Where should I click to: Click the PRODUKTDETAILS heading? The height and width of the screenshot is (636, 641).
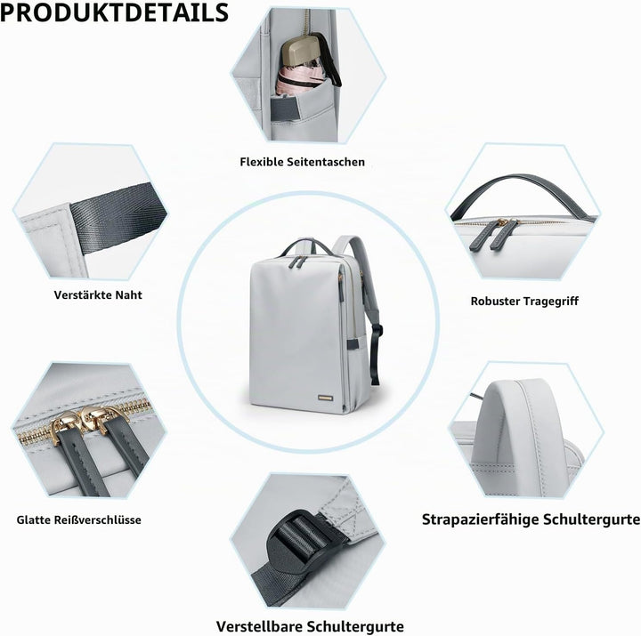click(114, 12)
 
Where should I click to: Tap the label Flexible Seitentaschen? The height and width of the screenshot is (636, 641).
click(302, 162)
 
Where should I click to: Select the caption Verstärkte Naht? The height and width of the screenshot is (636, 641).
click(98, 295)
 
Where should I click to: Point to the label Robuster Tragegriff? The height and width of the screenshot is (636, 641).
click(524, 302)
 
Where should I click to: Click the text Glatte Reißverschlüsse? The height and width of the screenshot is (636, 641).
click(79, 520)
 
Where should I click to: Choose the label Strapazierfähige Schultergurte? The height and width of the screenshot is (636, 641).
click(531, 519)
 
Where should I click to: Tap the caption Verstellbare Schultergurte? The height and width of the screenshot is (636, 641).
click(310, 626)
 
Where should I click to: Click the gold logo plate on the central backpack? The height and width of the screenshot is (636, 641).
click(326, 398)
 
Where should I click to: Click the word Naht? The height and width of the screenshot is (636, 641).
click(128, 295)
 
